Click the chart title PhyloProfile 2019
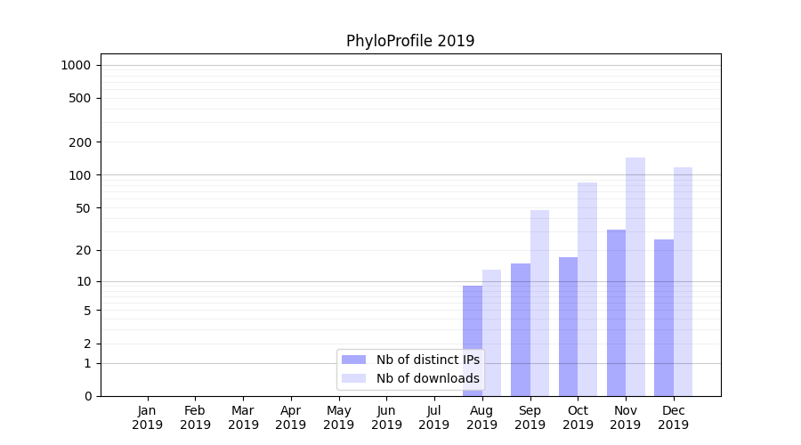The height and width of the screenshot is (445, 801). point(410,41)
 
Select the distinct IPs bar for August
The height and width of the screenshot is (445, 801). point(473,341)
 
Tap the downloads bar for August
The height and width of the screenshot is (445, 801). point(491,333)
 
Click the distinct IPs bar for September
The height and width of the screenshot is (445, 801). point(521,329)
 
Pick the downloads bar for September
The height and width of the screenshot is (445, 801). point(539,303)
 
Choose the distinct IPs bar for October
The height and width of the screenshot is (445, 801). point(568,327)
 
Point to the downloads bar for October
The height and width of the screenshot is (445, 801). point(587,289)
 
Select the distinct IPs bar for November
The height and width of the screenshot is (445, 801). point(616,312)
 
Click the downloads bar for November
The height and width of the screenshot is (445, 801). point(635,277)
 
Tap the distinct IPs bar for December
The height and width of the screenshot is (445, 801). point(664,318)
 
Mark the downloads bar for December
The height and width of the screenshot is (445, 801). point(683,281)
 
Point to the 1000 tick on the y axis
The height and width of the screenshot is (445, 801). point(76,65)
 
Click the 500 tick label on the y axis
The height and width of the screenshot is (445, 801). point(80,98)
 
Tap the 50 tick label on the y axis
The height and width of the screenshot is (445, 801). point(83,208)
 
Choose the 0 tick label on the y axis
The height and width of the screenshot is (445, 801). point(88,396)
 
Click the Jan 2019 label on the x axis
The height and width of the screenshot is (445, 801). point(148,417)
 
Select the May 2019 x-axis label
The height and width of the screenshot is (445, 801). point(339,417)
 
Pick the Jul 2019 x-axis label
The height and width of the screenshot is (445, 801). point(434,417)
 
